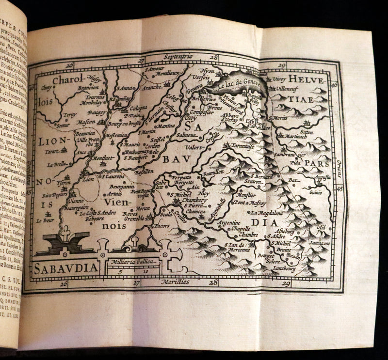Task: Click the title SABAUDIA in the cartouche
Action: tap(65, 267)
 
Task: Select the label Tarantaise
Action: tap(242, 145)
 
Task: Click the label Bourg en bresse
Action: tap(128, 124)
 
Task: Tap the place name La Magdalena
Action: tap(266, 213)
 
